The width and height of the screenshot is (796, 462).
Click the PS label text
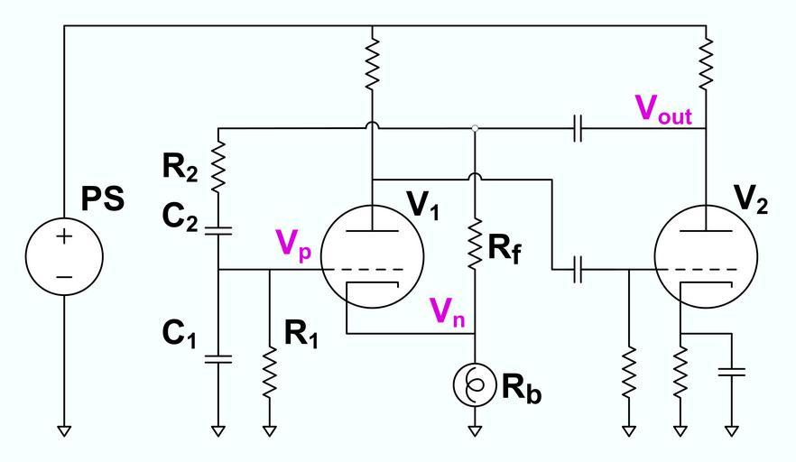(x=102, y=200)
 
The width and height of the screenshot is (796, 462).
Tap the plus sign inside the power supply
(x=64, y=236)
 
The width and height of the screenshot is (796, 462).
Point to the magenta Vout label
(x=663, y=109)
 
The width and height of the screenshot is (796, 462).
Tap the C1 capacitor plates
(x=218, y=358)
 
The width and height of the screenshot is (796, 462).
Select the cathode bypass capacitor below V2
(x=732, y=372)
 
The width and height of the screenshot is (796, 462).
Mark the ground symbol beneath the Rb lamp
(x=475, y=430)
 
